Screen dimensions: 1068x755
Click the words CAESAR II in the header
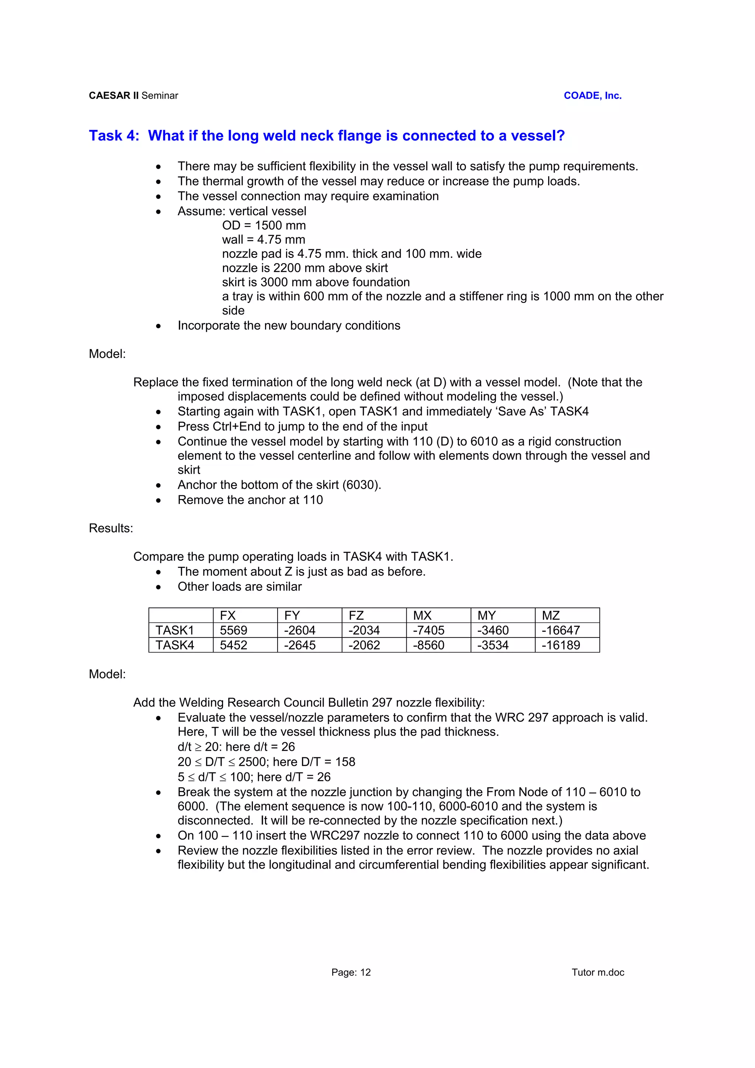[114, 96]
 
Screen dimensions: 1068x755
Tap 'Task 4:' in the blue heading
[114, 136]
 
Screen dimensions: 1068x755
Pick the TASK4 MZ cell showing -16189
[561, 645]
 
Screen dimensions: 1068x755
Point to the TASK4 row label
[174, 645]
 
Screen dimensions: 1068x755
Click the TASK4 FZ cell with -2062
[364, 645]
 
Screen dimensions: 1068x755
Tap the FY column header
[292, 615]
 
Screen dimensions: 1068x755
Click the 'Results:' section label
[111, 528]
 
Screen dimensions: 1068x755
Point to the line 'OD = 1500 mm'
[264, 226]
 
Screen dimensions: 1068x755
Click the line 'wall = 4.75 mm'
[263, 240]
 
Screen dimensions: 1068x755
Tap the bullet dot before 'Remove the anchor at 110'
[159, 501]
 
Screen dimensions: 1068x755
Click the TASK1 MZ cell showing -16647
[561, 630]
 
